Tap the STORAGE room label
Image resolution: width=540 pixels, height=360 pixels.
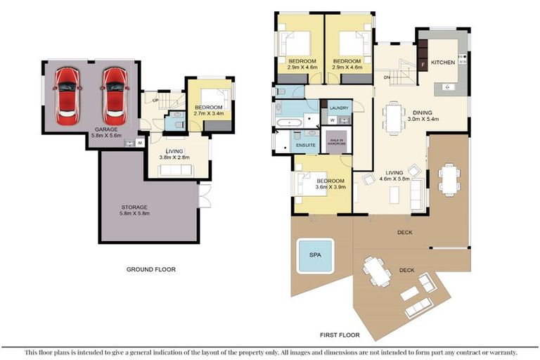133,207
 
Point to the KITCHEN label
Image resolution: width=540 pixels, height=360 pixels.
443,62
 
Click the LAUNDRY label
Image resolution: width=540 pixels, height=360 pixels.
339,108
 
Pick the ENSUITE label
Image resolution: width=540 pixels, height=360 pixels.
305,145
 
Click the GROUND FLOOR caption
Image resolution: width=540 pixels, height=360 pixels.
150,269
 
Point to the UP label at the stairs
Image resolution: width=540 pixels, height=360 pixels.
155,100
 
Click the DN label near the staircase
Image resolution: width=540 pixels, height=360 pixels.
387,77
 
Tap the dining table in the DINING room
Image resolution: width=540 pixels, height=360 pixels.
394,117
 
